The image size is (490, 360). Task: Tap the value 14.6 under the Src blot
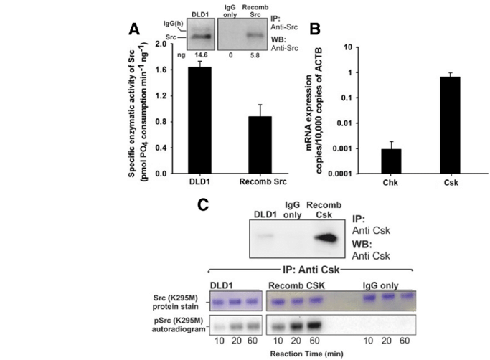coord(200,54)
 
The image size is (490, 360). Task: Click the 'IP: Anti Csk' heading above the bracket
coord(309,270)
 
